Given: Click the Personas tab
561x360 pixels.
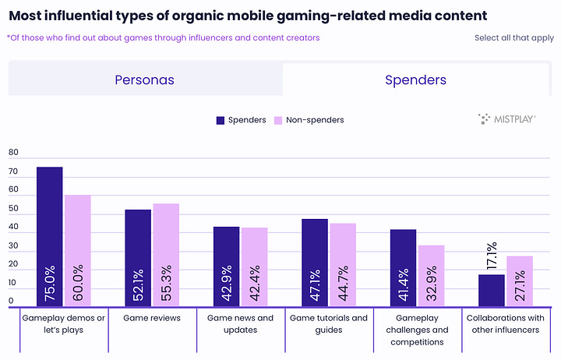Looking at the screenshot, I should [144, 79].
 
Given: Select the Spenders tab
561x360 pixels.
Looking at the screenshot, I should [415, 79].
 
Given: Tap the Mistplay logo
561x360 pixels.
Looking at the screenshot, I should [506, 118].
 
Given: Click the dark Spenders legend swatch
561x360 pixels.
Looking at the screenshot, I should [221, 120].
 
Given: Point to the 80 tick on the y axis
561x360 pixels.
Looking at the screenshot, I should [13, 153].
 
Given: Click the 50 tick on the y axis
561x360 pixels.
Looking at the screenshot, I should [13, 209].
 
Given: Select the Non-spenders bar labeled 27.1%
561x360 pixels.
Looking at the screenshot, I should [520, 281].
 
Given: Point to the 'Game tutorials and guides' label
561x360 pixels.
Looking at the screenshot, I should [328, 323].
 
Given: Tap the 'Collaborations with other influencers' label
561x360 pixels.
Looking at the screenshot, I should [505, 323].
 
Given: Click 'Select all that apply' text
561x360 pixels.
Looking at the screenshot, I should [513, 37].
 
